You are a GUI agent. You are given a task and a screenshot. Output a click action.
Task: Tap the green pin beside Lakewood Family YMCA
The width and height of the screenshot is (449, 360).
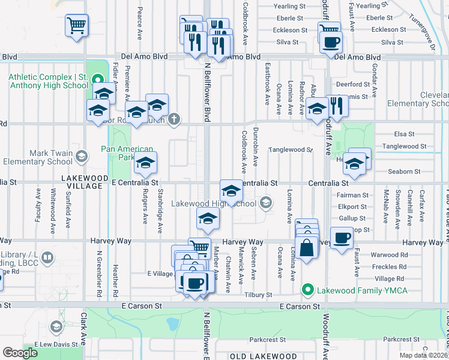[x=309, y=291]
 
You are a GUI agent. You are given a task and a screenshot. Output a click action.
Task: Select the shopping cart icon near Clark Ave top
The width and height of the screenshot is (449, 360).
[x=77, y=26]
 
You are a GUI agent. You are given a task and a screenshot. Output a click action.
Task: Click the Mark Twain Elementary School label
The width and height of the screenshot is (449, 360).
[x=38, y=157]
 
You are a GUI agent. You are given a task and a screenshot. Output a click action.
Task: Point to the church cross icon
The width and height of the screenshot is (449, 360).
[x=174, y=118]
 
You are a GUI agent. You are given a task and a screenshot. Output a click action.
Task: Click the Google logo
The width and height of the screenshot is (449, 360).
[x=20, y=353]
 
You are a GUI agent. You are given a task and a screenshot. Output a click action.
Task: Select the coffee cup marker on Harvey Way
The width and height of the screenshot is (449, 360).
[x=342, y=238]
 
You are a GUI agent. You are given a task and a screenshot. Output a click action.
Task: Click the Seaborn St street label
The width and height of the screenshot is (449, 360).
[x=404, y=172]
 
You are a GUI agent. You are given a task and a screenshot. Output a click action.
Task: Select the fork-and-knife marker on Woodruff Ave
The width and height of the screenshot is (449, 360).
[x=337, y=106]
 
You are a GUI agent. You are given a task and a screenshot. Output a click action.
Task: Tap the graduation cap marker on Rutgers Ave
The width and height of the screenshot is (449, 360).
[x=145, y=162]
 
